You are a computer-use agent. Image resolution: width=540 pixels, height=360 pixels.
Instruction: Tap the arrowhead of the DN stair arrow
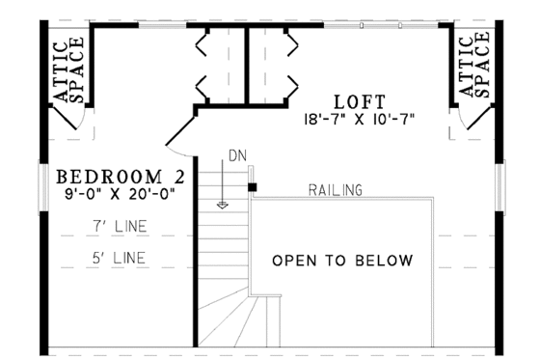click(x=224, y=204)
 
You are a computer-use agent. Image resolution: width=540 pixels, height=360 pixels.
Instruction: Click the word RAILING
click(x=336, y=190)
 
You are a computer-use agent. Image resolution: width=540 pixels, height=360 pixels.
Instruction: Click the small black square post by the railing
click(x=252, y=186)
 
